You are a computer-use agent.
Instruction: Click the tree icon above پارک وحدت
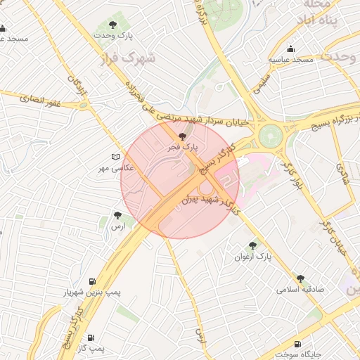pos(126,22)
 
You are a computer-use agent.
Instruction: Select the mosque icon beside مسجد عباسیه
pos(290,49)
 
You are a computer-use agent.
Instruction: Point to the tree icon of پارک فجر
pos(183,136)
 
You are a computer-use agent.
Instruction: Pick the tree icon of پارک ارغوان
pos(253,245)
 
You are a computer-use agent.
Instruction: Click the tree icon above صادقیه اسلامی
pos(301,278)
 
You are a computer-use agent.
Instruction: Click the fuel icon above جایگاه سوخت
pos(297,345)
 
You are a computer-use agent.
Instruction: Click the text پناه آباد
pos(333,22)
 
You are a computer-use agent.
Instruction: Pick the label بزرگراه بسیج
pos(327,120)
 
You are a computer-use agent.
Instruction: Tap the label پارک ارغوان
pos(254,257)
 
